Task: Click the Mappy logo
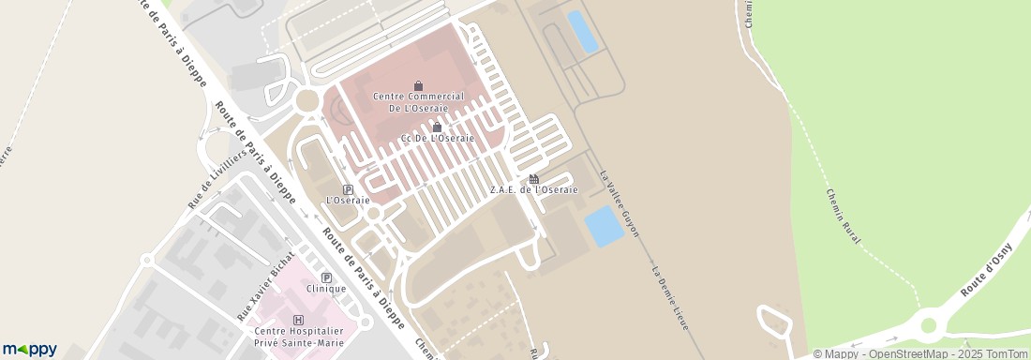point(29,350)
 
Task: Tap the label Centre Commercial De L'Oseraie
point(418,101)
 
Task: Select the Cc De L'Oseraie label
point(437,139)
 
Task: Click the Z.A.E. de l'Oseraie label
point(533,189)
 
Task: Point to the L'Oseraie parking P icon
point(348,188)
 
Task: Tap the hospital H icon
point(299,319)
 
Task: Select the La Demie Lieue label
point(670,297)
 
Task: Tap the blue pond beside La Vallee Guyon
point(604,226)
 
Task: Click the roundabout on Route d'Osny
point(929,325)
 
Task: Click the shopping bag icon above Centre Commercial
point(418,85)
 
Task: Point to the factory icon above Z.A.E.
point(533,178)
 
